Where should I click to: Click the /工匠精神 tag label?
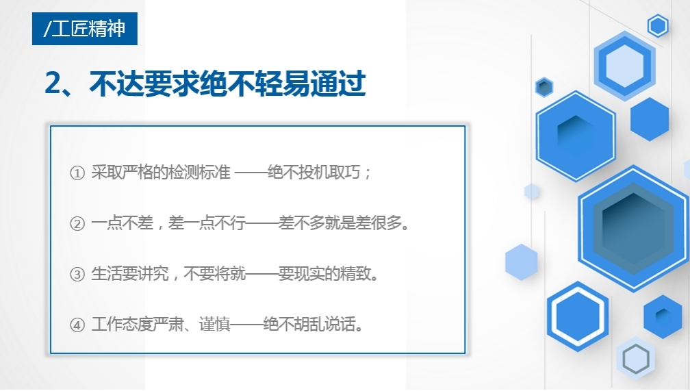click(x=84, y=29)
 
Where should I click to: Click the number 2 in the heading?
click(x=54, y=84)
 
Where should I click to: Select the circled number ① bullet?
click(x=77, y=173)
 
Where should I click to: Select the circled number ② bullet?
click(x=77, y=224)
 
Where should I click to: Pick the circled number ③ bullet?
click(x=77, y=275)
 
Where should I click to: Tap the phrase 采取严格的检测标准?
click(x=161, y=173)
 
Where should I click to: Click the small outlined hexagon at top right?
click(x=658, y=26)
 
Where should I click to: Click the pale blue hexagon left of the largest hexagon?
click(x=521, y=262)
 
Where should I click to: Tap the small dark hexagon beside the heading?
click(x=544, y=87)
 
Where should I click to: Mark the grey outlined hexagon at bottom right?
click(x=635, y=358)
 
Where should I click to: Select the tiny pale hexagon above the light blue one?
click(x=532, y=192)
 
